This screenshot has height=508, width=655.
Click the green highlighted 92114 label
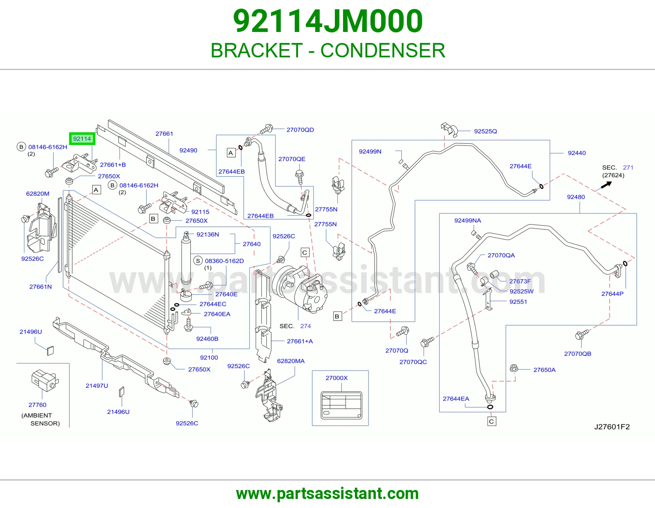pos(82,139)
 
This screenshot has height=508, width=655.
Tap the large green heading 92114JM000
pos(328,21)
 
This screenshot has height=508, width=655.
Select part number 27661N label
pos(41,287)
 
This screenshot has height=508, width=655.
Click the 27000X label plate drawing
pos(341,405)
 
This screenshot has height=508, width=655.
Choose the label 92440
pos(577,153)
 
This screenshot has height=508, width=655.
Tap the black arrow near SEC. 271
pos(606,185)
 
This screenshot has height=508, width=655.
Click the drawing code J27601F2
pos(612,426)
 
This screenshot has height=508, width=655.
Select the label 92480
pos(576,197)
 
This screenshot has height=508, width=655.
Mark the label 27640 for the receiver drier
pos(252,244)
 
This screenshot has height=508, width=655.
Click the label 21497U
pos(97,386)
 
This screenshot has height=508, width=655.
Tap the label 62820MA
pos(291,361)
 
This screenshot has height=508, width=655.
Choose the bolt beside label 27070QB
pos(582,334)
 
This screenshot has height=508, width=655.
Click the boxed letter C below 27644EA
pos(492,422)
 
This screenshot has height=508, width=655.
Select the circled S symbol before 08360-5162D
pos(198,261)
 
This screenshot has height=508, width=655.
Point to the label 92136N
pos(208,234)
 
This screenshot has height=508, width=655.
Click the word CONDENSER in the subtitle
pos(383,50)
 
